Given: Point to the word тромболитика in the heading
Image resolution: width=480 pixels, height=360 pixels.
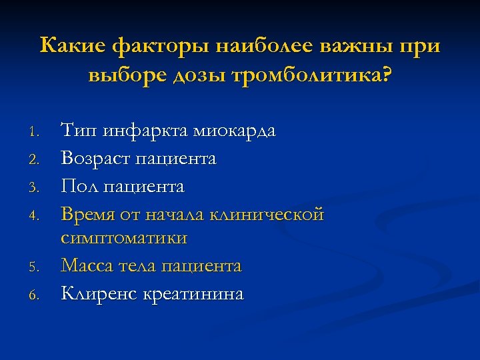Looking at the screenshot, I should coord(312,75).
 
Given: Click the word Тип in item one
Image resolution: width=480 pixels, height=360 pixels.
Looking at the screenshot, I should coord(79,131).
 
